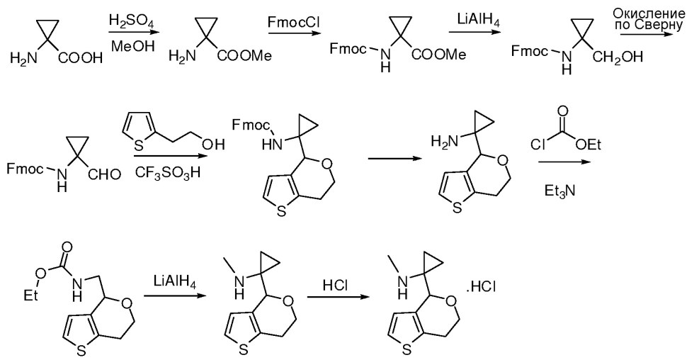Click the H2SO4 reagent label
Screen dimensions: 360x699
[126, 21]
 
